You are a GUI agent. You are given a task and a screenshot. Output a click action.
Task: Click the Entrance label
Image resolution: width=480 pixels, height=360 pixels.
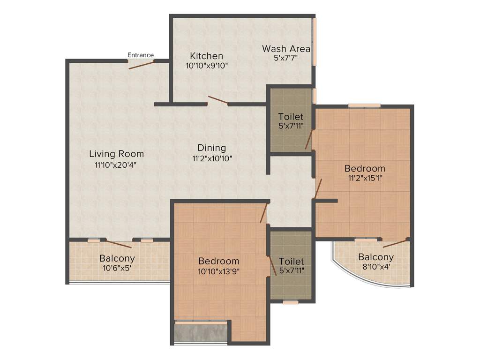click(x=141, y=55)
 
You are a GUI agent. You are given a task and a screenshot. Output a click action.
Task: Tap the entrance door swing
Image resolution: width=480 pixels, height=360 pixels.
click(x=142, y=65)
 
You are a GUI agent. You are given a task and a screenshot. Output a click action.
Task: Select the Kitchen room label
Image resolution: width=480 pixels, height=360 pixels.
click(x=206, y=56)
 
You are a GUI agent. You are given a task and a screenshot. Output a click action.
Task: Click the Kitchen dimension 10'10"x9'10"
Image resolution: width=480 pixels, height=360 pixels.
click(x=207, y=66)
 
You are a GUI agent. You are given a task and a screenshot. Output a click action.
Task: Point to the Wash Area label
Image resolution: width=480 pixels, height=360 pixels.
click(x=286, y=49)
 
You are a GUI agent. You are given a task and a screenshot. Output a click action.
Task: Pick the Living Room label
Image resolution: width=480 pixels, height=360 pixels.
click(x=116, y=154)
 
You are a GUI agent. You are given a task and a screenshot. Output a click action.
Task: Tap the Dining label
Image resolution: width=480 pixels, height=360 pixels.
click(x=211, y=148)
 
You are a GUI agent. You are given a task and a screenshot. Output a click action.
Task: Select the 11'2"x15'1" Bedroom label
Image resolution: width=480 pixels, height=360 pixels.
click(x=365, y=168)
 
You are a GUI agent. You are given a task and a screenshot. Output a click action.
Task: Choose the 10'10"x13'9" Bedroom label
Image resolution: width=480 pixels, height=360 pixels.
click(x=218, y=261)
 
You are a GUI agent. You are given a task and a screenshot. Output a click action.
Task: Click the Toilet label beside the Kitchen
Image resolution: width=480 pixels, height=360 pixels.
click(x=291, y=117)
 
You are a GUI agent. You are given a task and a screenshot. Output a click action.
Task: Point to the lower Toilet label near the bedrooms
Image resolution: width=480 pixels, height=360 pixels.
click(x=291, y=261)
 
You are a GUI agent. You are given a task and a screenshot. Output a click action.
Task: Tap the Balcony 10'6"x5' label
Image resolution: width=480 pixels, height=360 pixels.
click(x=117, y=258)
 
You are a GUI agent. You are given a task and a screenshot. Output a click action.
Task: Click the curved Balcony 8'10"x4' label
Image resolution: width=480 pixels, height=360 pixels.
click(x=376, y=257)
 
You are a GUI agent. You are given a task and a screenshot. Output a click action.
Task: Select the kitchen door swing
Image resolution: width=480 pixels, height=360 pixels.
click(x=218, y=101)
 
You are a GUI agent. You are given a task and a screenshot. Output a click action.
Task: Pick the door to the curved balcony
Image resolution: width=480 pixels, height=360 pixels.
click(x=394, y=243)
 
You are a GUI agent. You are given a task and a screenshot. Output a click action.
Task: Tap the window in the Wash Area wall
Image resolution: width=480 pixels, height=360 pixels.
click(x=315, y=42)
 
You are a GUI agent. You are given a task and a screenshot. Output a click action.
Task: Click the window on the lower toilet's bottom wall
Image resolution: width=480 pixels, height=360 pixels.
click(x=291, y=302)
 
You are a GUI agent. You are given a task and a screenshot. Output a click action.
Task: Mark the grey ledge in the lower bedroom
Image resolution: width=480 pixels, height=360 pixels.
click(x=201, y=333)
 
